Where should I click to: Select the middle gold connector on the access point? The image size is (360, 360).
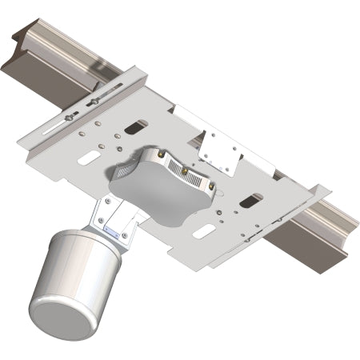(x=185, y=171)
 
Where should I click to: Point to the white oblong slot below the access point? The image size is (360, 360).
(x=205, y=231)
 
